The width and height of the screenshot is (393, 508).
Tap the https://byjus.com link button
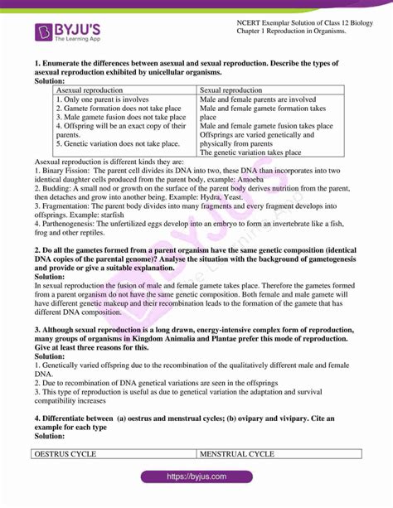click(196, 478)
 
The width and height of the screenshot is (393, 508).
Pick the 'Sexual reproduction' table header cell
click(231, 90)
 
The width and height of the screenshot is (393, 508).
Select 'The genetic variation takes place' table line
click(251, 152)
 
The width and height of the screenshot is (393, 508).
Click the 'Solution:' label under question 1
click(52, 81)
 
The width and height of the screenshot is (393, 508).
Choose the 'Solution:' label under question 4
click(52, 435)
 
